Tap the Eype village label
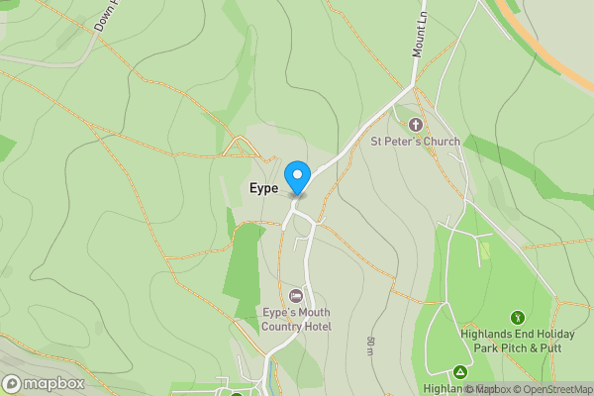(263, 187)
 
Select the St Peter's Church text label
(416, 142)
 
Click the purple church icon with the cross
(415, 125)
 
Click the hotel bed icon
(296, 296)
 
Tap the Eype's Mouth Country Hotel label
(296, 320)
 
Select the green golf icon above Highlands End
(517, 317)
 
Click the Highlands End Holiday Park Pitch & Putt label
(517, 341)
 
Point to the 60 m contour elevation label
(370, 346)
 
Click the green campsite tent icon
(459, 372)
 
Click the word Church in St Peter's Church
(438, 142)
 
